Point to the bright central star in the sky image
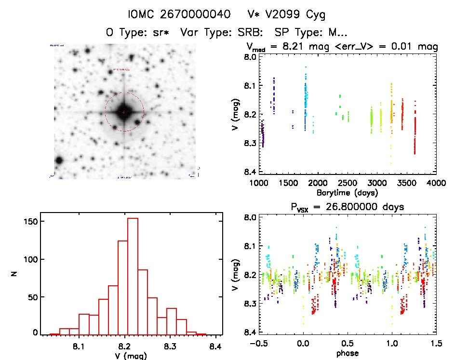[124, 111]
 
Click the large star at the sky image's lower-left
[59, 160]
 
